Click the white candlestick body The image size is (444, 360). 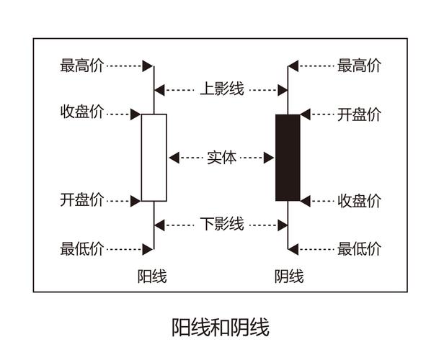154,157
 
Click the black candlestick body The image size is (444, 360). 288,157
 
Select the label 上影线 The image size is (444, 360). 221,90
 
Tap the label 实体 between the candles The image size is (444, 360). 221,157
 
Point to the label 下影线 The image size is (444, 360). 221,224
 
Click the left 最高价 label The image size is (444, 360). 82,66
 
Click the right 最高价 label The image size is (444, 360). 359,66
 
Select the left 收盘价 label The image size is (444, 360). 82,114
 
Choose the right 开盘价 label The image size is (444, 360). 359,114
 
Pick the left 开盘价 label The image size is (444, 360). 82,200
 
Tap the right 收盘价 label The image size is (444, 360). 359,201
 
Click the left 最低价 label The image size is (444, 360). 82,249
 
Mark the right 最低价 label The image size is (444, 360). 359,249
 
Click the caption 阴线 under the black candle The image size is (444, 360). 289,276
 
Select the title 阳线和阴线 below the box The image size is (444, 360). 221,328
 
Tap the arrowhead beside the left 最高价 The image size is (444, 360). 147,66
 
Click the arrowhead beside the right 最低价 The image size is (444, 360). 294,249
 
